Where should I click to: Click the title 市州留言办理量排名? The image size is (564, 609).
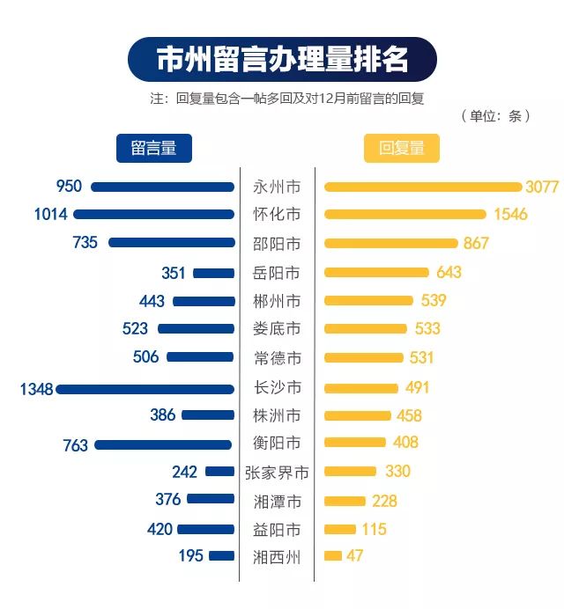pyautogui.click(x=282, y=60)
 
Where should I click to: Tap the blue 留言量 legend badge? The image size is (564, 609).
pyautogui.click(x=154, y=148)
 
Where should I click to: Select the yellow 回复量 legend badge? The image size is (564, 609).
pyautogui.click(x=401, y=148)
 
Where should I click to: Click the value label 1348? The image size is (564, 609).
pyautogui.click(x=36, y=388)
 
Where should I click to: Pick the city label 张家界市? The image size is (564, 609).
pyautogui.click(x=277, y=473)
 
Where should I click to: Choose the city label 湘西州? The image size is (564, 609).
pyautogui.click(x=277, y=556)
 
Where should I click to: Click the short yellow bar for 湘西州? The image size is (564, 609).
pyautogui.click(x=333, y=556)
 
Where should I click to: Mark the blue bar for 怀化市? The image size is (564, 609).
pyautogui.click(x=154, y=214)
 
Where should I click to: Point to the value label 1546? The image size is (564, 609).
pyautogui.click(x=509, y=214)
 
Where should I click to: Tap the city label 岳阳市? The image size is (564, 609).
pyautogui.click(x=277, y=273)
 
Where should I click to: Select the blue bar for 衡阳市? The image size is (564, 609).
pyautogui.click(x=164, y=444)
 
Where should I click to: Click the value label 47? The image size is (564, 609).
pyautogui.click(x=354, y=556)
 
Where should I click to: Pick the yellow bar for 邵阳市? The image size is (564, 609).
pyautogui.click(x=391, y=243)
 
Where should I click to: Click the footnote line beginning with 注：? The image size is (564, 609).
pyautogui.click(x=287, y=99)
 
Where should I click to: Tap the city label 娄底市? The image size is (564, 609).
pyautogui.click(x=277, y=329)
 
